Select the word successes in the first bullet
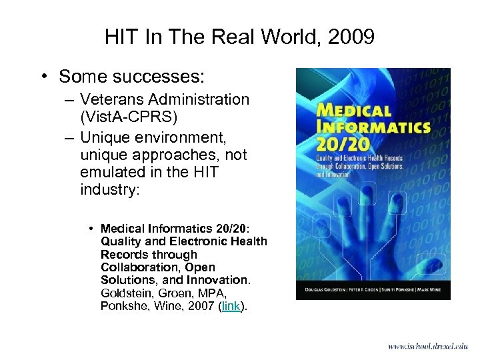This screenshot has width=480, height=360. point(157,77)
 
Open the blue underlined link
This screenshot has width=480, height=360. point(232,305)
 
